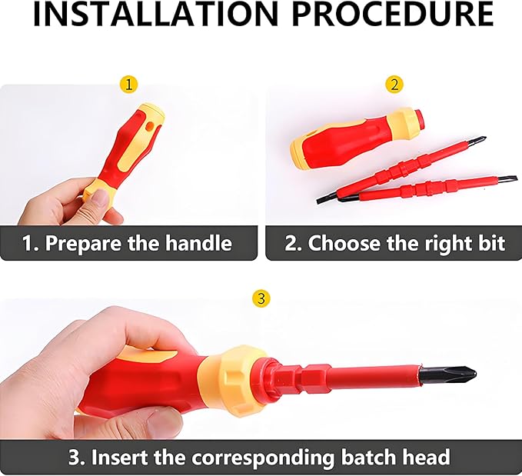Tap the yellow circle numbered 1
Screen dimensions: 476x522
tap(130, 84)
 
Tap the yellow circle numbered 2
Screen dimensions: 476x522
tap(394, 84)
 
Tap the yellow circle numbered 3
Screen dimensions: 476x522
tap(261, 298)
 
